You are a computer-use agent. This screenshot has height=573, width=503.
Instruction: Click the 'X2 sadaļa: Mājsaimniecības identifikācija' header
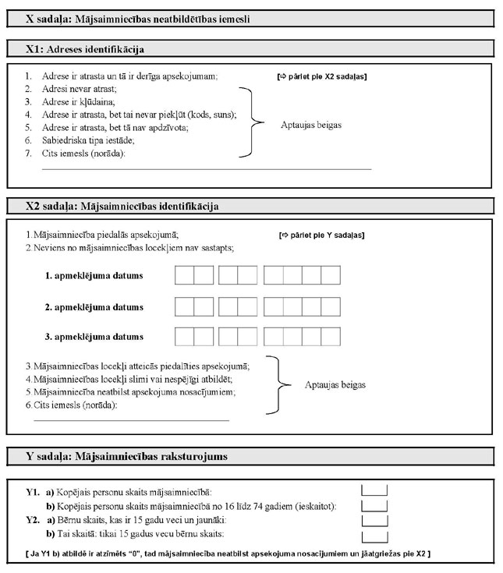pos(122,207)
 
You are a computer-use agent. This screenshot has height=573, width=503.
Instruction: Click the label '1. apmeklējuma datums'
pos(94,276)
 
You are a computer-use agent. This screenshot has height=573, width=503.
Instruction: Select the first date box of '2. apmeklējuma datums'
pos(184,306)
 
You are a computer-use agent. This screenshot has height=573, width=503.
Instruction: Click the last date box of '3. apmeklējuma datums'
pos(331,337)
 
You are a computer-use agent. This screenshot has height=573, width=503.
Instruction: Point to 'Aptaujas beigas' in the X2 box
pos(335,384)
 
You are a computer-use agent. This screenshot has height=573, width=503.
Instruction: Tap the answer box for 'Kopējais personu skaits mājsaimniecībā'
pos(375,490)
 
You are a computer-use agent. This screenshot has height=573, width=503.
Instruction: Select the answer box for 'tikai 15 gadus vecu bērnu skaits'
pos(375,536)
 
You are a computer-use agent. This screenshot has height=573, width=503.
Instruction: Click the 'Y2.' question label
pos(33,520)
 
